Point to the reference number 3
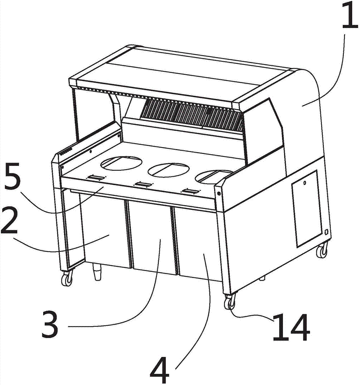50,324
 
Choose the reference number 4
160,370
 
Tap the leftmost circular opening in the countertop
121,163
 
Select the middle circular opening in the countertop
169,170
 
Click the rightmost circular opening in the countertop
214,176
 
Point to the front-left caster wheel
67,278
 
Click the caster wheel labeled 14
229,302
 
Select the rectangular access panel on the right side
306,209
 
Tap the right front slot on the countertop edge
189,191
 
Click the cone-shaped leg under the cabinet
97,272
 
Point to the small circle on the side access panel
305,182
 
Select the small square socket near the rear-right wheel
326,231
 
